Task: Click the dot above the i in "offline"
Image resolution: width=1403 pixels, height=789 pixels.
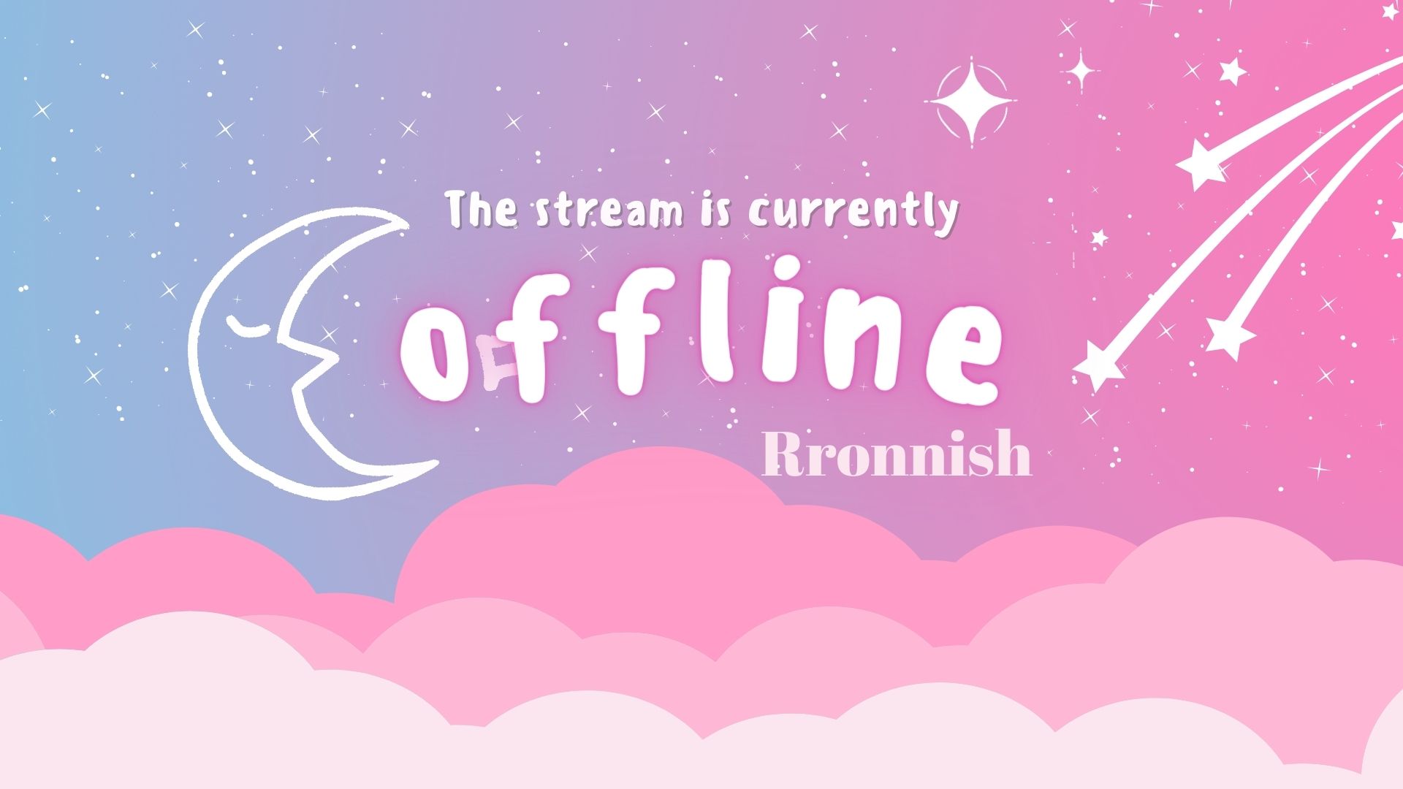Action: (x=777, y=296)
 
